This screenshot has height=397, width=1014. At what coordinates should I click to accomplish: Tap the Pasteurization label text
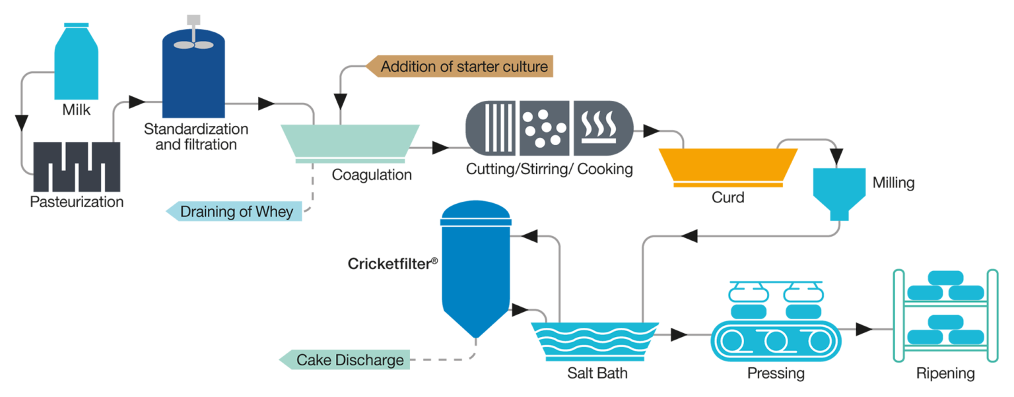(x=77, y=202)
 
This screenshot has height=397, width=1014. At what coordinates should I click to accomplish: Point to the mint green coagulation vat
(x=350, y=142)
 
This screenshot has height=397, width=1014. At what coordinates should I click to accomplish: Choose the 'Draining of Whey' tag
(x=235, y=212)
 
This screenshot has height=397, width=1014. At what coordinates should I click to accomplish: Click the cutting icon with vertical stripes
(x=492, y=128)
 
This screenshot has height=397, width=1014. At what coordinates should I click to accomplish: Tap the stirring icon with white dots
(x=545, y=128)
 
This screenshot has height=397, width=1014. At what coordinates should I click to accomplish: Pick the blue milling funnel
(x=838, y=191)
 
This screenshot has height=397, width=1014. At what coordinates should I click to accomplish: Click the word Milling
(x=893, y=183)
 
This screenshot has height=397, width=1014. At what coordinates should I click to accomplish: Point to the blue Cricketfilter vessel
(x=475, y=267)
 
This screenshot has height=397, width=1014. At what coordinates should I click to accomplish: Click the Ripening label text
(x=945, y=374)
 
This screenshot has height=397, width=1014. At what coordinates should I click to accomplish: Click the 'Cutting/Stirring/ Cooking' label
(x=549, y=169)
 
